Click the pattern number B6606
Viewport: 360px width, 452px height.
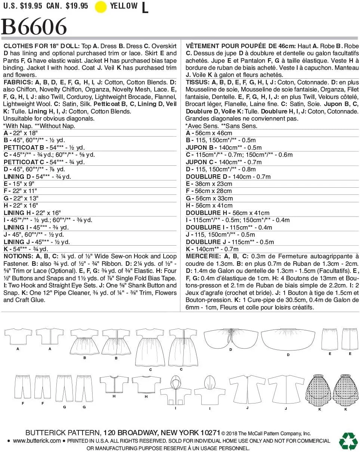tap(34, 27)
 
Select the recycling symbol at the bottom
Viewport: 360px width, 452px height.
tap(348, 440)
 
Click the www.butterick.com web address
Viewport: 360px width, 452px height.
tap(37, 441)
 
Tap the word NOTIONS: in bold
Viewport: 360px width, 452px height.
tap(18, 256)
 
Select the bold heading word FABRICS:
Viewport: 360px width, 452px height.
tap(17, 82)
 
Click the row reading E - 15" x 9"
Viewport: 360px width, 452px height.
tap(21, 184)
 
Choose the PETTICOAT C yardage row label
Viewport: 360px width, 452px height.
tap(24, 162)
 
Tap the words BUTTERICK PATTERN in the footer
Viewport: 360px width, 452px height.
tap(63, 433)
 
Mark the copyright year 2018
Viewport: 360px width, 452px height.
tap(234, 433)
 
